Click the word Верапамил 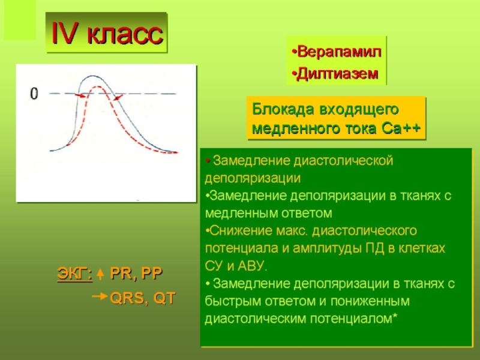tap(339, 52)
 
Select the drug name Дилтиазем tap(338, 74)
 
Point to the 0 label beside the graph tap(34, 94)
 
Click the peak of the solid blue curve tap(92, 76)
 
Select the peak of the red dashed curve tap(97, 86)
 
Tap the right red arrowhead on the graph tap(118, 98)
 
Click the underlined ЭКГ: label tap(74, 274)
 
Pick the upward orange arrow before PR tap(100, 274)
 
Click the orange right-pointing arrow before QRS tap(100, 296)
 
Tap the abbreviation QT tap(164, 298)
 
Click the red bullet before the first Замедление tap(208, 161)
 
